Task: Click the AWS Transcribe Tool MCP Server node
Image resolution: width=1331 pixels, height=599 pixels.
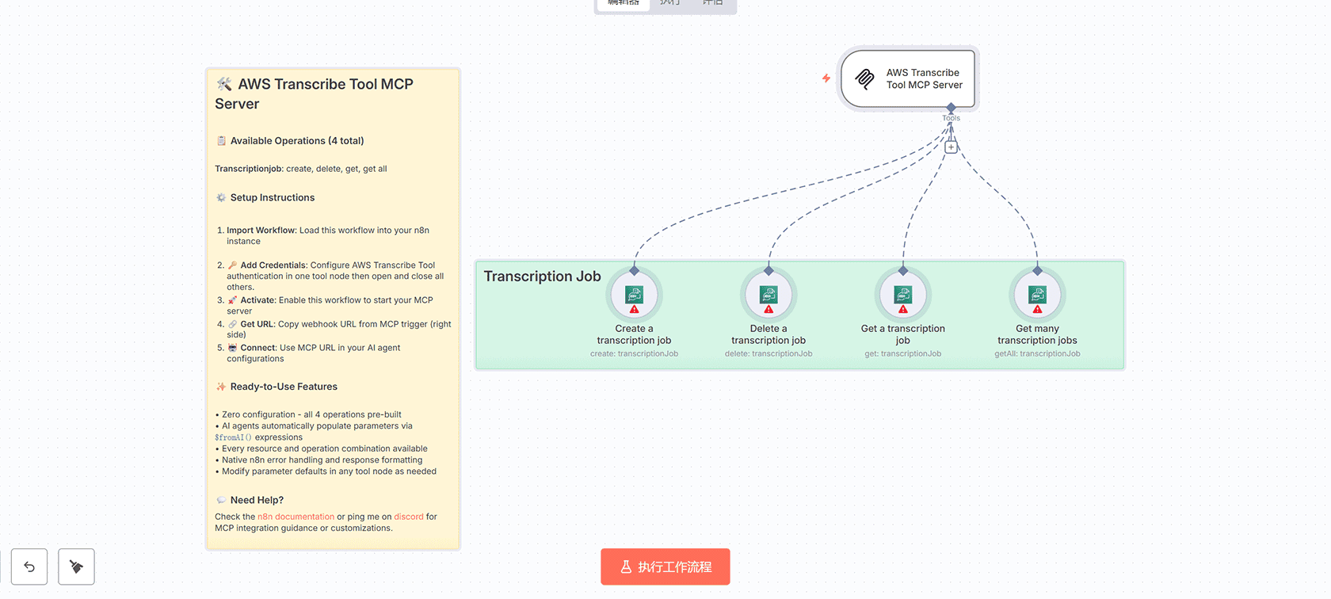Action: tap(908, 78)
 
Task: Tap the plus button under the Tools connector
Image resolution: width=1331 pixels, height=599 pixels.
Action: tap(951, 147)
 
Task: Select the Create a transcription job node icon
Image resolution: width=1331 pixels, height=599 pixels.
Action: tap(634, 296)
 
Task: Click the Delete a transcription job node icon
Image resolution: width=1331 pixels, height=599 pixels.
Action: tap(768, 296)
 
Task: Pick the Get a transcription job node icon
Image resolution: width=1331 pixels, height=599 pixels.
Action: tap(902, 296)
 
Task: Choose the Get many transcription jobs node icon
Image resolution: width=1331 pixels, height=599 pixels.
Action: tap(1037, 296)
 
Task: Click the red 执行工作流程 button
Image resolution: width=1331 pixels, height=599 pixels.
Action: tap(665, 567)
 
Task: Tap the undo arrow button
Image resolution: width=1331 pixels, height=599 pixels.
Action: tap(29, 567)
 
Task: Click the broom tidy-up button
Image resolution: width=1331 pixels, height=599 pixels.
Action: tap(76, 567)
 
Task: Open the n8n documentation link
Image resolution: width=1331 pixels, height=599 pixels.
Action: tap(296, 517)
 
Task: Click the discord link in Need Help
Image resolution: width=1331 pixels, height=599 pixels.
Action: tap(409, 517)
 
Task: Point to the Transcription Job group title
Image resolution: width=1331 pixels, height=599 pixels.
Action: tap(542, 277)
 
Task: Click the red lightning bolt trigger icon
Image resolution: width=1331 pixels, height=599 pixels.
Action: tap(826, 78)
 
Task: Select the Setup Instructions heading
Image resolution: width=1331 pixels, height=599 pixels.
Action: tap(272, 198)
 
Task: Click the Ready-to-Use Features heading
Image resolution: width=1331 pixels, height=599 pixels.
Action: tap(284, 387)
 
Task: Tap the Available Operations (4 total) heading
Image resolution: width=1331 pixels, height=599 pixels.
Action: tap(296, 141)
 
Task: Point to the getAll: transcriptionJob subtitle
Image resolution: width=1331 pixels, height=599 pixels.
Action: tap(1037, 354)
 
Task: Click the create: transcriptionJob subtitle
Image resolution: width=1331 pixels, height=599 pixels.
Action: tap(634, 354)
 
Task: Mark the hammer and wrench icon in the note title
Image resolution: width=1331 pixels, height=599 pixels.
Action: tap(224, 84)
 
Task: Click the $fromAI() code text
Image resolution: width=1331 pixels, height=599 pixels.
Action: tap(233, 437)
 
